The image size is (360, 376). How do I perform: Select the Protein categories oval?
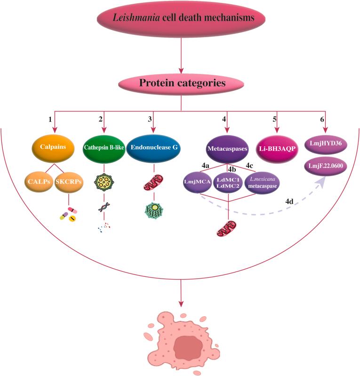coord(181,84)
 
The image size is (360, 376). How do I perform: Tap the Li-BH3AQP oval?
coord(276,148)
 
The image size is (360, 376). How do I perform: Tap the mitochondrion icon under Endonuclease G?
coord(154,183)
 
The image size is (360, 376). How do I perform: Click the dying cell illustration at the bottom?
coord(181,342)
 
